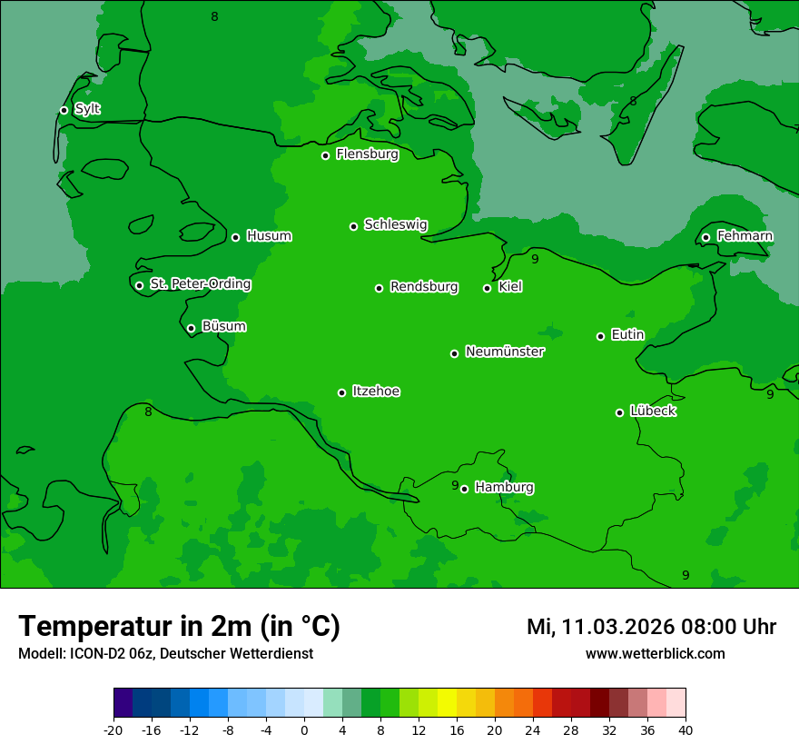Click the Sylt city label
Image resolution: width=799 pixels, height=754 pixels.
pyautogui.click(x=87, y=109)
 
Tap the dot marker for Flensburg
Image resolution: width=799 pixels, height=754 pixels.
pyautogui.click(x=325, y=155)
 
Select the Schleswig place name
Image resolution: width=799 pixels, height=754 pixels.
pyautogui.click(x=395, y=224)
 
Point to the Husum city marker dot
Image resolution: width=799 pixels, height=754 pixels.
pyautogui.click(x=235, y=237)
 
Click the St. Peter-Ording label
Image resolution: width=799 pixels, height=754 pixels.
pyautogui.click(x=200, y=284)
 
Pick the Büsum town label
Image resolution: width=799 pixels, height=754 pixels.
pyautogui.click(x=223, y=326)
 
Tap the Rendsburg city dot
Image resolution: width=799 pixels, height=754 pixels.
pyautogui.click(x=379, y=288)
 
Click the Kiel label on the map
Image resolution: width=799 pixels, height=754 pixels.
pyautogui.click(x=509, y=287)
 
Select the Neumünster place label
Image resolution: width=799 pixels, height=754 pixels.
pyautogui.click(x=504, y=352)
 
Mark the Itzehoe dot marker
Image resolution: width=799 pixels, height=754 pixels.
pyautogui.click(x=341, y=392)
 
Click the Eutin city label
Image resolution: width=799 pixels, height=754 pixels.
pyautogui.click(x=627, y=334)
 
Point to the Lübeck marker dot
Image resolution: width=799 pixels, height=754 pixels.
pyautogui.click(x=619, y=412)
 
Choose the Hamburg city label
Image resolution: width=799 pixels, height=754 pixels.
pyautogui.click(x=504, y=487)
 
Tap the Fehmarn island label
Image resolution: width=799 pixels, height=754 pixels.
pyautogui.click(x=745, y=236)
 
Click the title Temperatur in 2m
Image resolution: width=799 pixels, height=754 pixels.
pyautogui.click(x=179, y=627)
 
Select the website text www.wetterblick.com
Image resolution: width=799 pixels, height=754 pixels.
pyautogui.click(x=655, y=654)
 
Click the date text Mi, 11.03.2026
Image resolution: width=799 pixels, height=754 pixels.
pyautogui.click(x=599, y=627)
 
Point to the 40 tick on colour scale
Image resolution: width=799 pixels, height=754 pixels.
pyautogui.click(x=686, y=729)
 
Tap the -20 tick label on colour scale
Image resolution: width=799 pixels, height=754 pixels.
pyautogui.click(x=113, y=729)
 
